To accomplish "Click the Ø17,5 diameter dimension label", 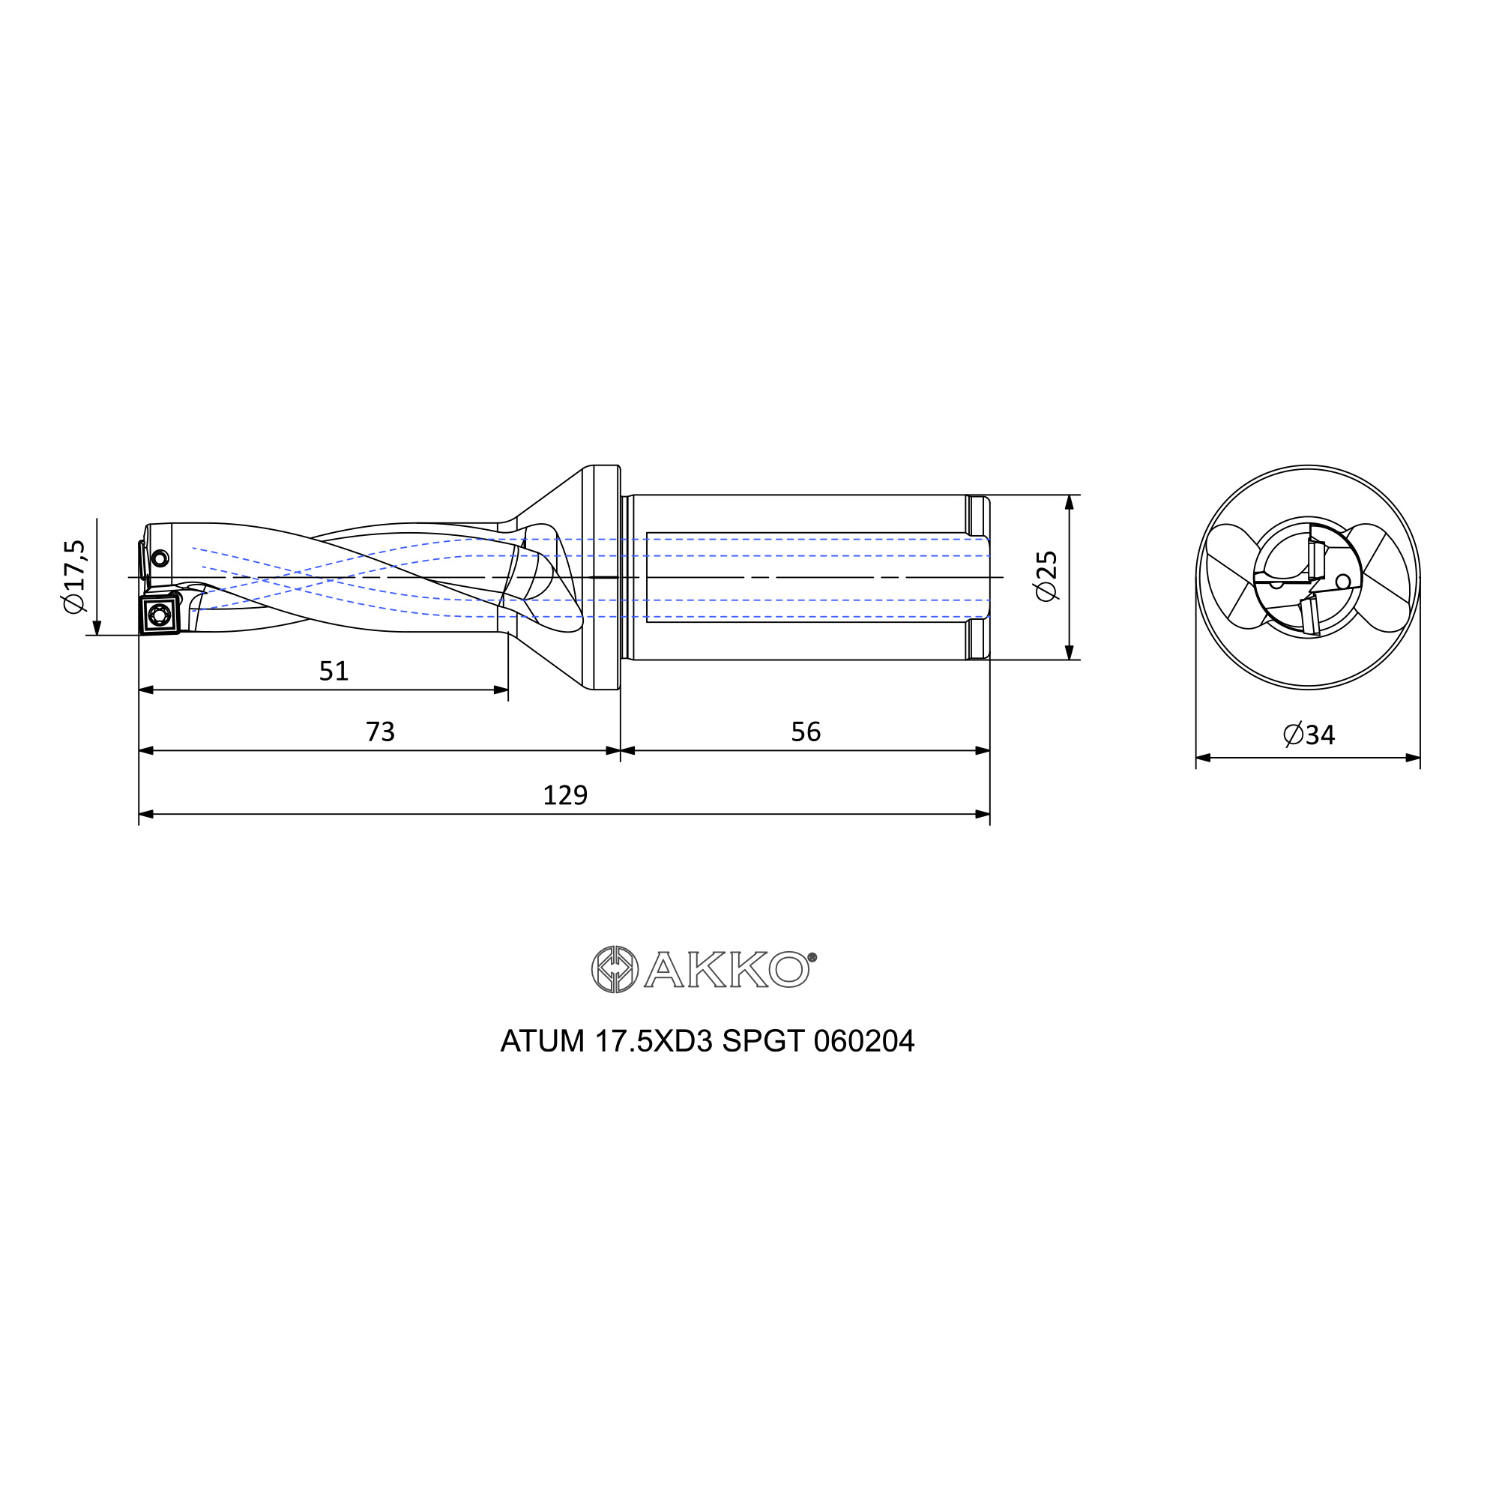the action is pyautogui.click(x=75, y=576).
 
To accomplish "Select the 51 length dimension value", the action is pyautogui.click(x=334, y=671).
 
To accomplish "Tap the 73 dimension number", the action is pyautogui.click(x=380, y=732).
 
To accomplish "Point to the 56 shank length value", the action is pyautogui.click(x=806, y=732).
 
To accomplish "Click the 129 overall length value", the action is pyautogui.click(x=565, y=795).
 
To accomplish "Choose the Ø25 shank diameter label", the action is pyautogui.click(x=1046, y=576).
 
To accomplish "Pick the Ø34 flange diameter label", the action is pyautogui.click(x=1309, y=734).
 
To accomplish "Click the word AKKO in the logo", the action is pyautogui.click(x=726, y=969).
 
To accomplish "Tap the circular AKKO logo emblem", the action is pyautogui.click(x=615, y=969).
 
